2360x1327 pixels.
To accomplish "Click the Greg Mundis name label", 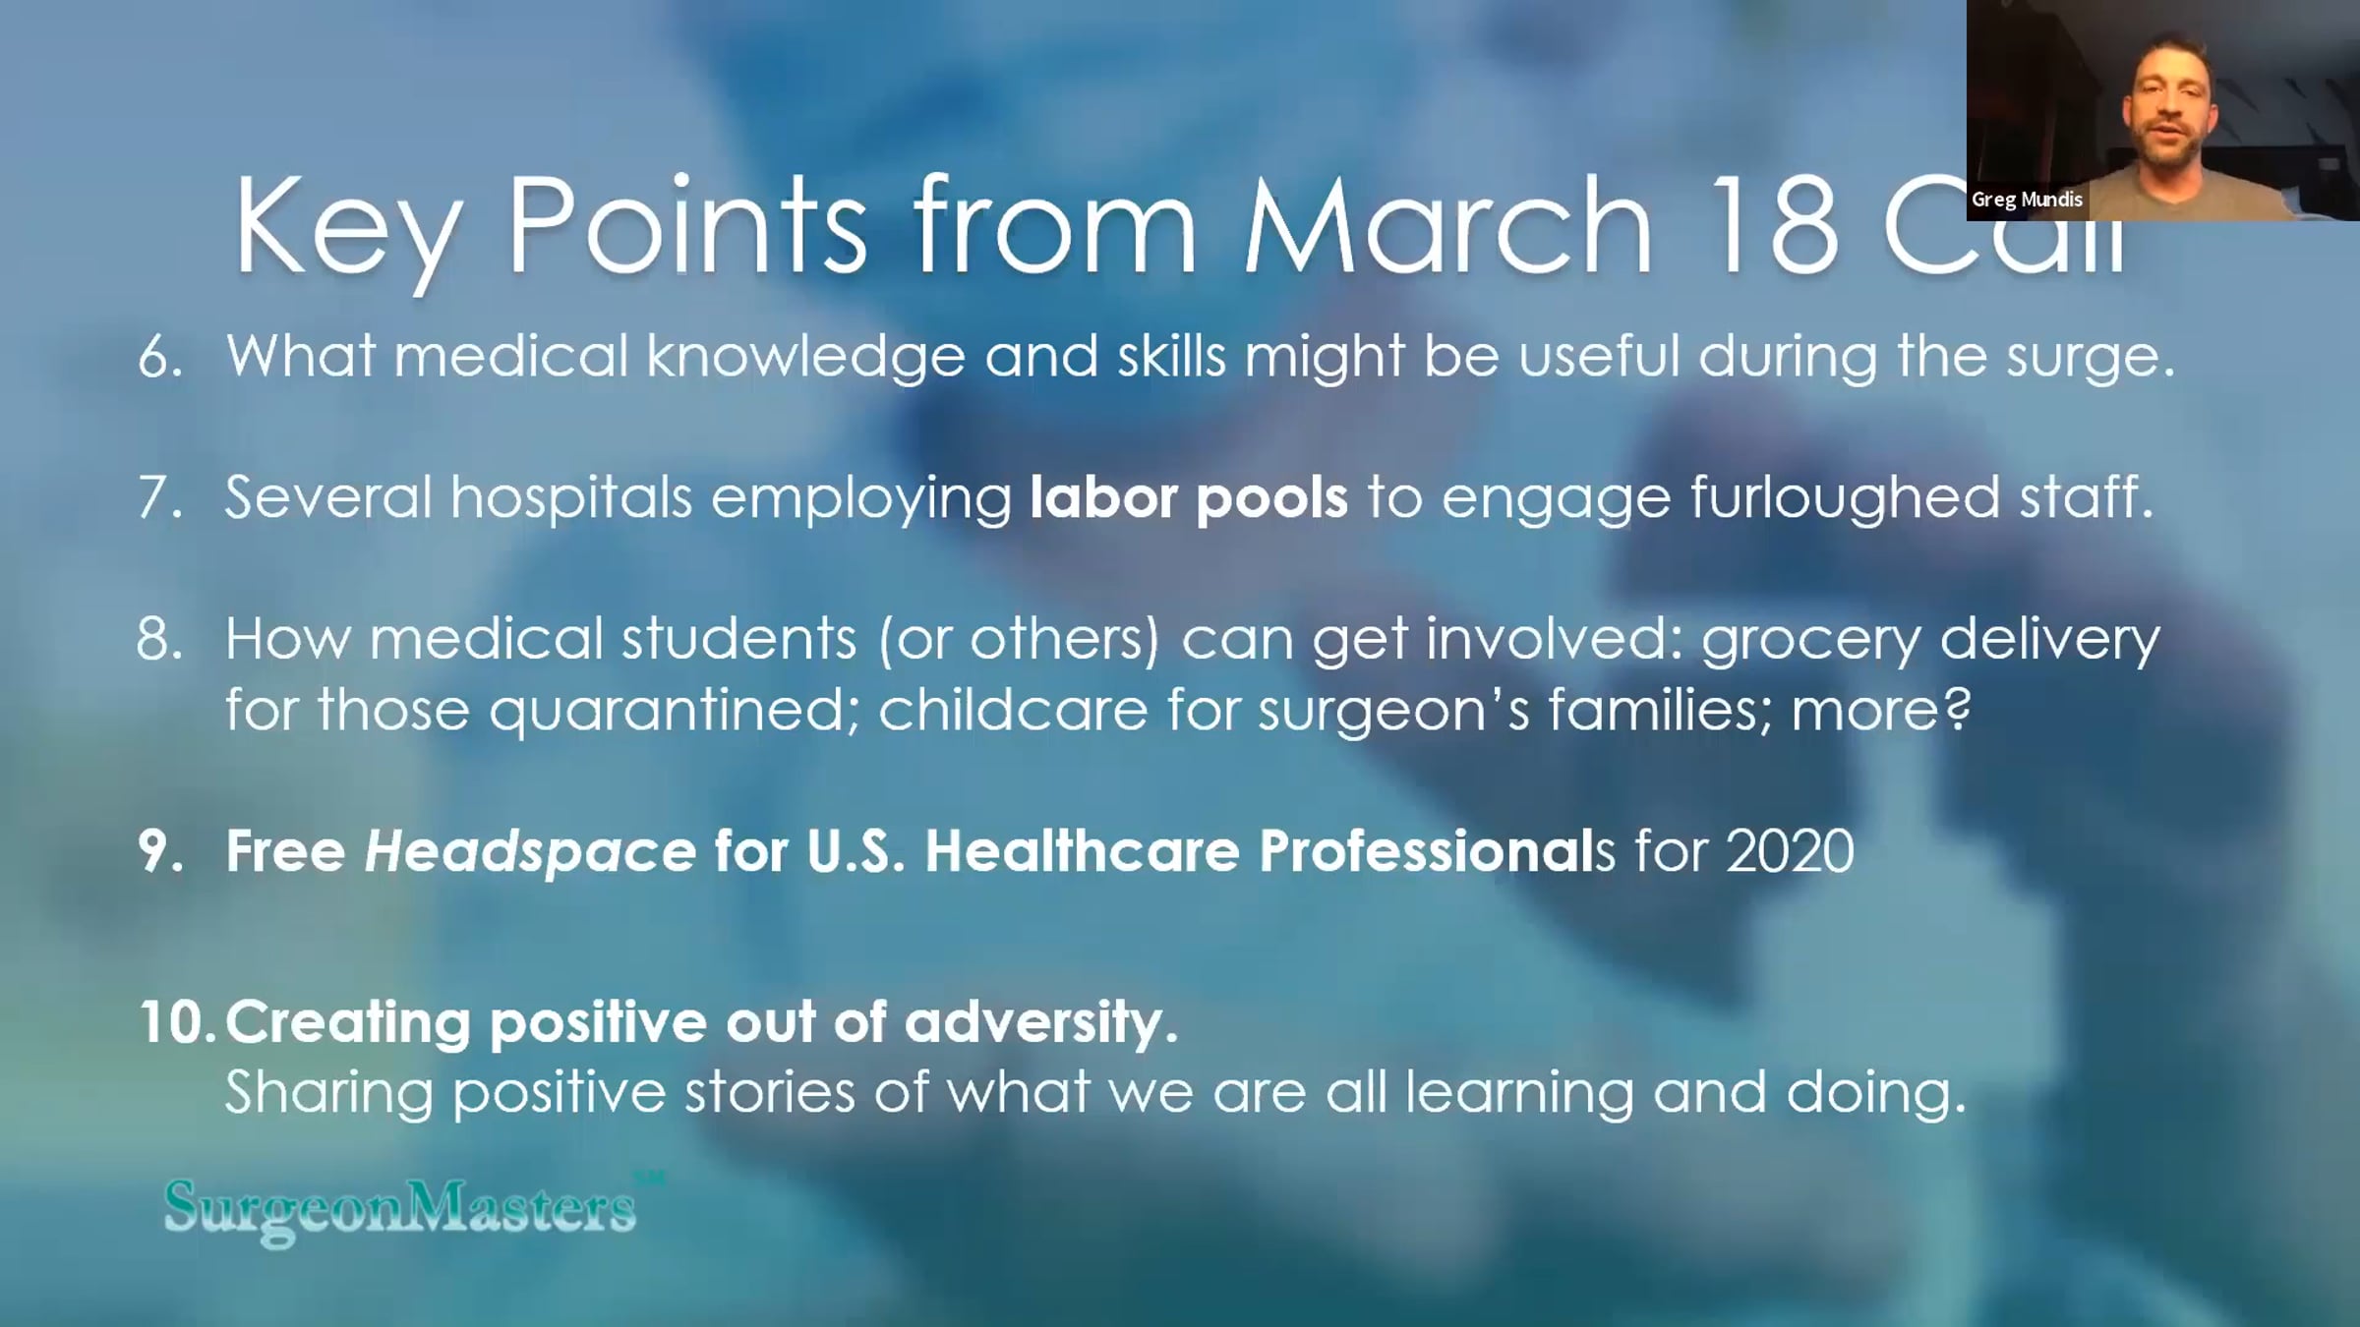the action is pos(2027,200).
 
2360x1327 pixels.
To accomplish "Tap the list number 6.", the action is pos(160,356).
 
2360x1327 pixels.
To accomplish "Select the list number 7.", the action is pos(160,497).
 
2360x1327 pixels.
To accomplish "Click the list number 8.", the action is pos(160,639).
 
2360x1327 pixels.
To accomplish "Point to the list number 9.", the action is pos(160,851).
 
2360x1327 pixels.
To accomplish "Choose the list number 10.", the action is pos(177,1022).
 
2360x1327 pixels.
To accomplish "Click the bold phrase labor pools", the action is pos(1189,497).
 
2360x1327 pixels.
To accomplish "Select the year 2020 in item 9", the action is pos(1790,851).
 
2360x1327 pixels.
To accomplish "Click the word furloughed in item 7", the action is pos(1845,498).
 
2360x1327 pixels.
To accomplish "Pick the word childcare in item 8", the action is pos(1013,709).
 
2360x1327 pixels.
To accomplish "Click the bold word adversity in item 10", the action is pos(1040,1024).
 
